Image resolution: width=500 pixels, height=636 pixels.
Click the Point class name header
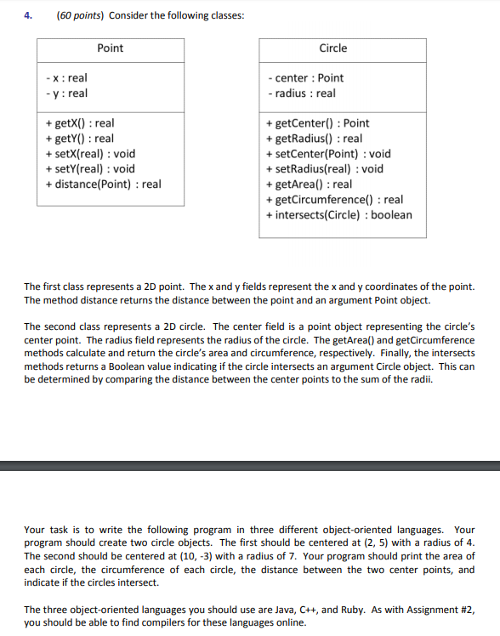tap(111, 48)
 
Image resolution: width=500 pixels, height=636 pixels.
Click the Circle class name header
tap(333, 48)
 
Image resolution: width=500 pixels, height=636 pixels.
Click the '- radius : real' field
tap(300, 94)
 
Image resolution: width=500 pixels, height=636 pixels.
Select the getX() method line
tap(79, 123)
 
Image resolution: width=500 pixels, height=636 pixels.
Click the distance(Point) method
tap(103, 184)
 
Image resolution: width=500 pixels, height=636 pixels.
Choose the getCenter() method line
tap(317, 123)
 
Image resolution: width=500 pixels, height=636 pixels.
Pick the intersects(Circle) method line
tap(338, 214)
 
